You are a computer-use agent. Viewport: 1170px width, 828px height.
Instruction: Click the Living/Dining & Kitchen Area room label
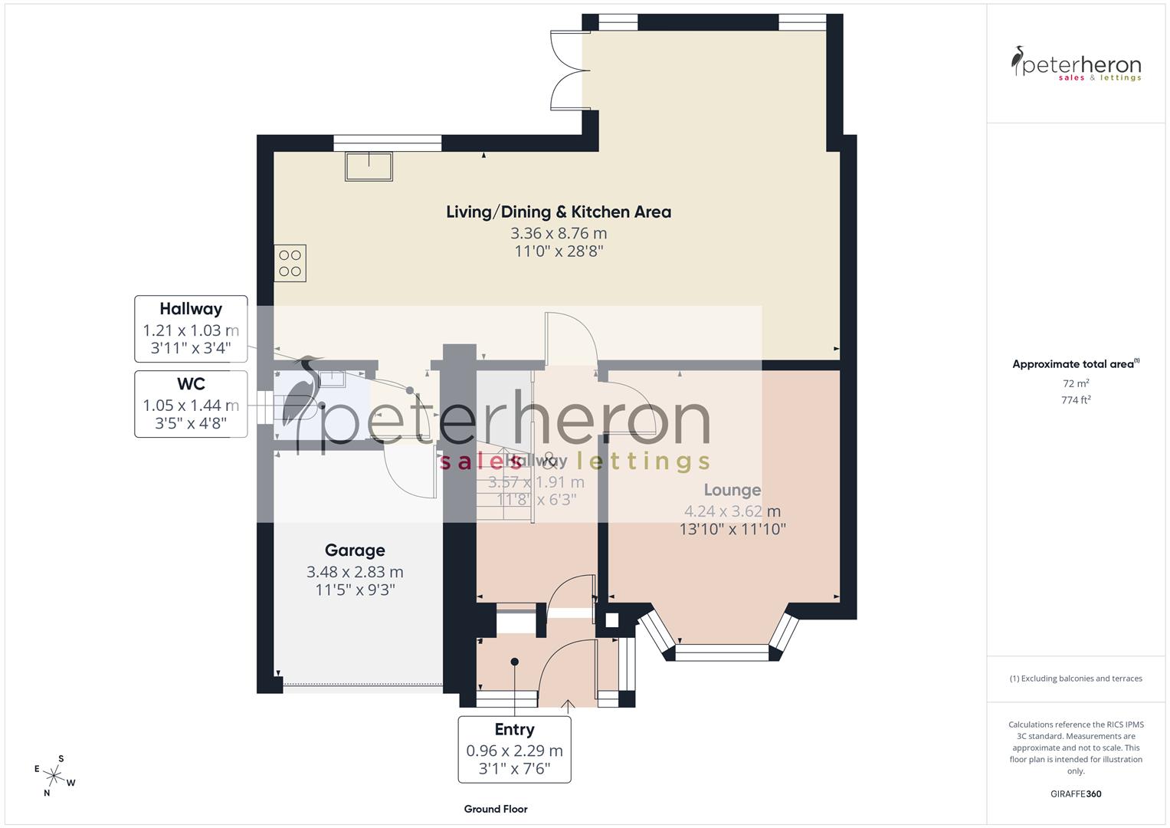[x=558, y=212]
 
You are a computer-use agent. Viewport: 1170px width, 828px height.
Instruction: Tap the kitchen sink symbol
[x=369, y=166]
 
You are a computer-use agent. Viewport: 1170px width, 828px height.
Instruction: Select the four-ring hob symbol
[x=290, y=263]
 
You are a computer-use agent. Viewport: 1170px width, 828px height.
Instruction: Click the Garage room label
[x=355, y=550]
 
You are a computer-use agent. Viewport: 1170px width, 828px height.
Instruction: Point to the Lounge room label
[x=732, y=490]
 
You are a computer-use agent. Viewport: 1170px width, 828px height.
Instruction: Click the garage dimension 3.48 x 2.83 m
[x=355, y=572]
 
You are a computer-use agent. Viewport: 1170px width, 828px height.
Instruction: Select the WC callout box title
[x=191, y=384]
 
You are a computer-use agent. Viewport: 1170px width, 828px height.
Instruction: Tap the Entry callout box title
[x=514, y=729]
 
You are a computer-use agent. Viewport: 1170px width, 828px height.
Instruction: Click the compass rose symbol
[x=55, y=775]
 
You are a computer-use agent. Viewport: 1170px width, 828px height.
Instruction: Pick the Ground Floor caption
[x=496, y=809]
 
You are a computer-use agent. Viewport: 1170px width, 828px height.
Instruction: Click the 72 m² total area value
[x=1076, y=383]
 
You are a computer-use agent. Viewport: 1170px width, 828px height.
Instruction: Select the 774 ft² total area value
[x=1076, y=399]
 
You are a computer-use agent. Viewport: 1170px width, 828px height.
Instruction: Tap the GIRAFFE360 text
[x=1076, y=793]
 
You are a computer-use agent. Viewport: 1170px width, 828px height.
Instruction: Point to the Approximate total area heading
[x=1076, y=364]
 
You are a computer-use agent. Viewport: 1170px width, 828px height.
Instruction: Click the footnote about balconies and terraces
[x=1076, y=678]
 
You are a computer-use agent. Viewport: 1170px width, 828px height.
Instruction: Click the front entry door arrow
[x=568, y=705]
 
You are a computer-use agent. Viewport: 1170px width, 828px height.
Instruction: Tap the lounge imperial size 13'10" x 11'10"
[x=732, y=529]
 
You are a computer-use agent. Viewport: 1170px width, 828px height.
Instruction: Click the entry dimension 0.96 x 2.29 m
[x=514, y=751]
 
